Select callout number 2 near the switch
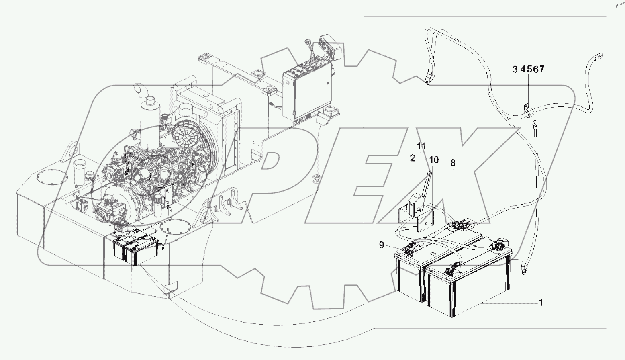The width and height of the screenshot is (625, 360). (x=413, y=158)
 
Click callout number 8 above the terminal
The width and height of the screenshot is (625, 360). (x=453, y=163)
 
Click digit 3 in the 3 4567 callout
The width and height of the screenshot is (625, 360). (x=515, y=70)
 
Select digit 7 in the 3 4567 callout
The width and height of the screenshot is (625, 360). (x=541, y=70)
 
